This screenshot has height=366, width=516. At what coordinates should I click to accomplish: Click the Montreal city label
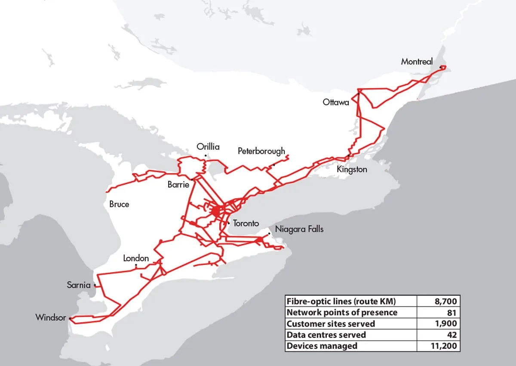(417, 62)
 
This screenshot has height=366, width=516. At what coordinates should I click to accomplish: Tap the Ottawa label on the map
(336, 102)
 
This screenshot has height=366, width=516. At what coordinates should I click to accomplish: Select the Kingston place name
(352, 169)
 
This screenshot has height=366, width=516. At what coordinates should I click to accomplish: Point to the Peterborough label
(261, 151)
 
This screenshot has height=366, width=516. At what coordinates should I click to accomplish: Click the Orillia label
(208, 147)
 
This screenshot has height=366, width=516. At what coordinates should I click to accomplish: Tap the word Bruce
(119, 204)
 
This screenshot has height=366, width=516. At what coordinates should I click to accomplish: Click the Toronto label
(246, 223)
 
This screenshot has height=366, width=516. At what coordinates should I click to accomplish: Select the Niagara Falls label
(299, 229)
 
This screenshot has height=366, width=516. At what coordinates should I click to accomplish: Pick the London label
(136, 258)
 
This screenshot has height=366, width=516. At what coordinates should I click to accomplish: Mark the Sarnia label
(79, 285)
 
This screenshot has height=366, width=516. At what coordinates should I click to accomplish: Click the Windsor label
(51, 318)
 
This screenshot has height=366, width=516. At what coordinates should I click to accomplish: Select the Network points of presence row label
(342, 312)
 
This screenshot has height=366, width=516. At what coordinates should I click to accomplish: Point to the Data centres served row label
(326, 335)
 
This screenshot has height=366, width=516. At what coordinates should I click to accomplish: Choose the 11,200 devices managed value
(443, 346)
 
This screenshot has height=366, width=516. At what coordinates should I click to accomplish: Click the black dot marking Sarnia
(95, 285)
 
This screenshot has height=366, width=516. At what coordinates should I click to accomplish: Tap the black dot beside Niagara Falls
(269, 233)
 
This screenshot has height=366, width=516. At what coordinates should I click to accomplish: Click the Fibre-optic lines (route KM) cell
(341, 301)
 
